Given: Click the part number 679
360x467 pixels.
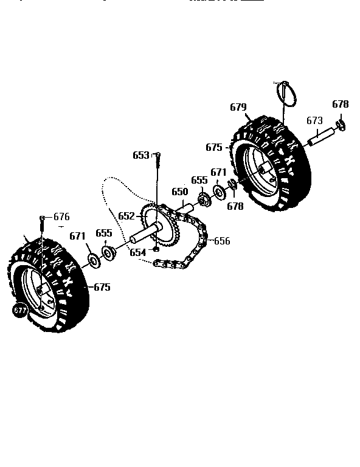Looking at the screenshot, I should point(238,108).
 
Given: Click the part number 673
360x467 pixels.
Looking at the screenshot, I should point(314,120).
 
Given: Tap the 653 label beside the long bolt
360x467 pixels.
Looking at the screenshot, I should point(140,155).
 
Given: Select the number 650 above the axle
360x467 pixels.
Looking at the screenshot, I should point(179,192).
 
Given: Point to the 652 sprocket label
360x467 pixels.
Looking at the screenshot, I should point(126,216).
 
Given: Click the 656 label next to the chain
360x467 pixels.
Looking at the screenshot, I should point(222,241).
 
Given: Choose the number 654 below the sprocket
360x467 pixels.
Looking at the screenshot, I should point(137,252).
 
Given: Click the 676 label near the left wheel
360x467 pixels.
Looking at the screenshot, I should point(61,216).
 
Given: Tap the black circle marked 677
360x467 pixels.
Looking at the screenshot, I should point(20,310).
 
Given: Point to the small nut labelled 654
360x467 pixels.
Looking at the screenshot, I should point(156,249).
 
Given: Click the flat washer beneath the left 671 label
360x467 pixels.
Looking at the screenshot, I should point(94,260).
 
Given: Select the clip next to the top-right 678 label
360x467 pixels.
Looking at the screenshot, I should point(341,125).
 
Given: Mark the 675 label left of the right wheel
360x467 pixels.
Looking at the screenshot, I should point(214,147).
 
